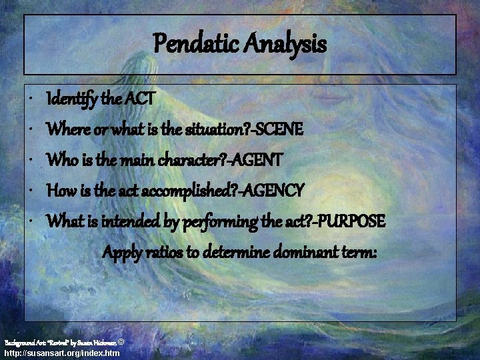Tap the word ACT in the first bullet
coord(140,100)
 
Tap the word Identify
coord(71,100)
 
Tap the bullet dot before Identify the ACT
coord(33,101)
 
